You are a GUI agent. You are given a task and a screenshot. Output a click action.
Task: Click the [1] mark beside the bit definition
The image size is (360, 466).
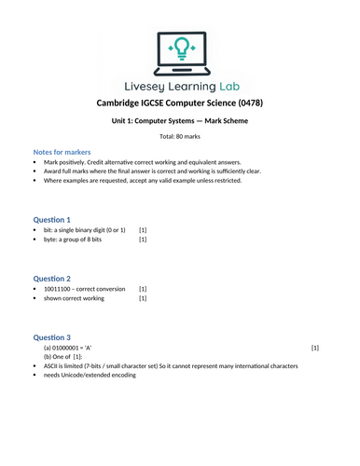coord(143,229)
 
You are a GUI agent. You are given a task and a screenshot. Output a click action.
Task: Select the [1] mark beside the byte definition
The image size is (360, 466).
coord(143,240)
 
